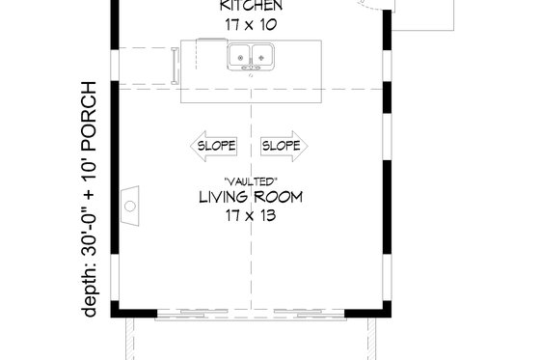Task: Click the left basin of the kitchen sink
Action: (x=239, y=56)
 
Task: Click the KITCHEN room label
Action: (x=251, y=7)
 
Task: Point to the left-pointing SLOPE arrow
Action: (x=213, y=146)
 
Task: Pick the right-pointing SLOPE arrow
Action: (x=283, y=146)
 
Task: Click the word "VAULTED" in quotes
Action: (x=250, y=180)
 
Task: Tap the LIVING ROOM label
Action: (x=251, y=198)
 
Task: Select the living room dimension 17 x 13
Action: (x=251, y=216)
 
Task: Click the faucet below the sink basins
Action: (x=249, y=68)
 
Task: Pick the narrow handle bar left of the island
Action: (x=174, y=67)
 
